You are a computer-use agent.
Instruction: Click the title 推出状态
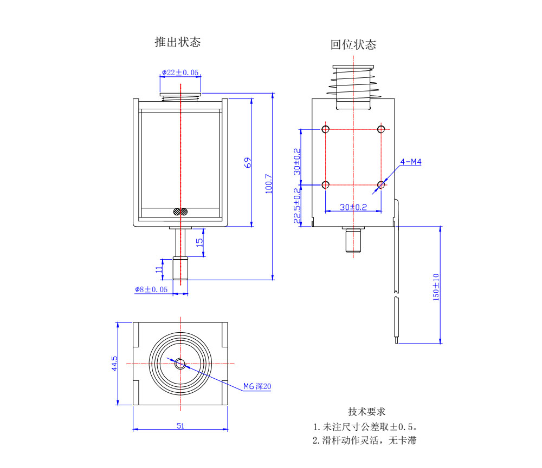[x=177, y=42]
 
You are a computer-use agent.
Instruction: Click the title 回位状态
[x=353, y=44]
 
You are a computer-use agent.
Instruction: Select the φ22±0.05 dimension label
[x=180, y=72]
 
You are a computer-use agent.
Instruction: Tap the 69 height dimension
[x=247, y=163]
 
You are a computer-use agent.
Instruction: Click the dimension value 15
[x=199, y=242]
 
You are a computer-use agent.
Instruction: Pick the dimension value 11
[x=159, y=268]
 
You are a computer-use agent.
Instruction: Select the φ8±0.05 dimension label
[x=152, y=289]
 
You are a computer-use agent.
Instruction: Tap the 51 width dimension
[x=180, y=426]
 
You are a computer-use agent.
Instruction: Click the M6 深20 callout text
[x=257, y=386]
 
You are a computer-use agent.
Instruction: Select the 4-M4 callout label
[x=410, y=162]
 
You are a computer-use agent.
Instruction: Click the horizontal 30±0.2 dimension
[x=353, y=207]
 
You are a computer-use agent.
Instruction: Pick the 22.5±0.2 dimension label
[x=296, y=206]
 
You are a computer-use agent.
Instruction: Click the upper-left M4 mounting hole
[x=326, y=129]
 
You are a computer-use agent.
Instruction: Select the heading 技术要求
[x=366, y=412]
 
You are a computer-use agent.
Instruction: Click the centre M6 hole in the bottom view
[x=180, y=364]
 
